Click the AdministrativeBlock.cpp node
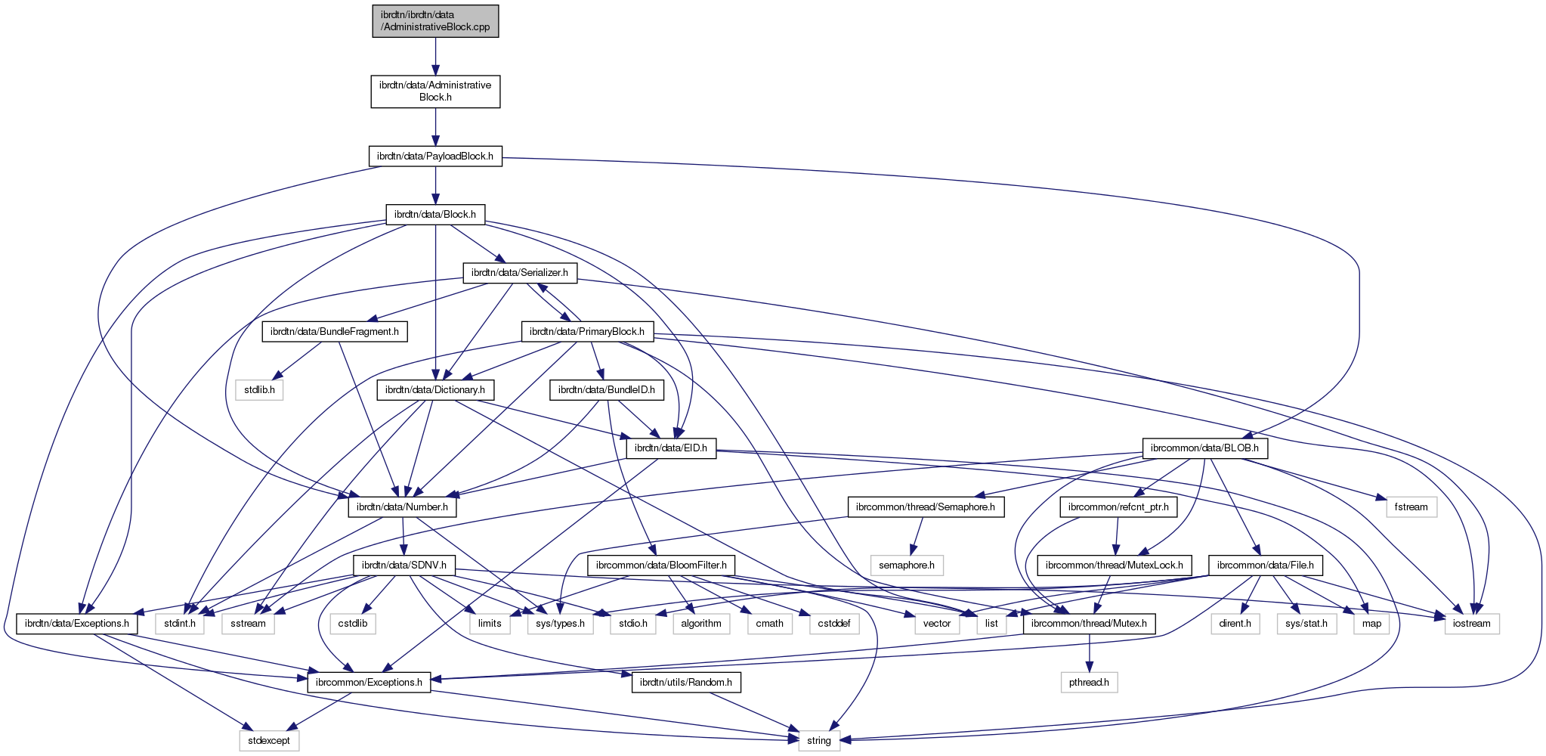[x=435, y=20]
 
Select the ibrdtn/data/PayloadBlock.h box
[x=435, y=156]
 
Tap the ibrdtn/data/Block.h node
[x=435, y=214]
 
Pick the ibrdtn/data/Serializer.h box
[x=520, y=272]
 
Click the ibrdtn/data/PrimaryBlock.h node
[x=587, y=331]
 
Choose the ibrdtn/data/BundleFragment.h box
[x=335, y=331]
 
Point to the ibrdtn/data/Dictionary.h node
[x=436, y=390]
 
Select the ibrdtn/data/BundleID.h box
[x=607, y=390]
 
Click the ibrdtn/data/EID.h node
[x=671, y=448]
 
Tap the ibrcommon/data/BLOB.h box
[x=1204, y=448]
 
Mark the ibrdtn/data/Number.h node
[x=403, y=507]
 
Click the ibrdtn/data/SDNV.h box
[x=404, y=565]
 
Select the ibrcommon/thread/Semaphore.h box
[x=926, y=507]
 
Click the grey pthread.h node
[x=1089, y=682]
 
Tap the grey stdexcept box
[x=270, y=740]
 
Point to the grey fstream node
[x=1411, y=507]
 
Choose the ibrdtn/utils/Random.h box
[x=686, y=682]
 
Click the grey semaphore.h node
[x=907, y=565]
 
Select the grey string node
[x=819, y=740]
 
